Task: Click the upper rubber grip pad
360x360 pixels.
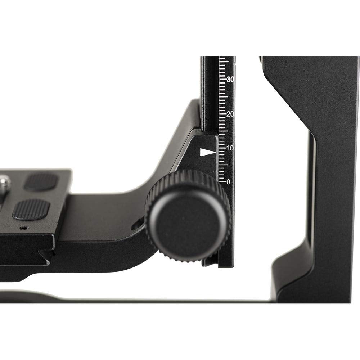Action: [x=41, y=182]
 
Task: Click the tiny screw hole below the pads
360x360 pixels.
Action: [x=24, y=228]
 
